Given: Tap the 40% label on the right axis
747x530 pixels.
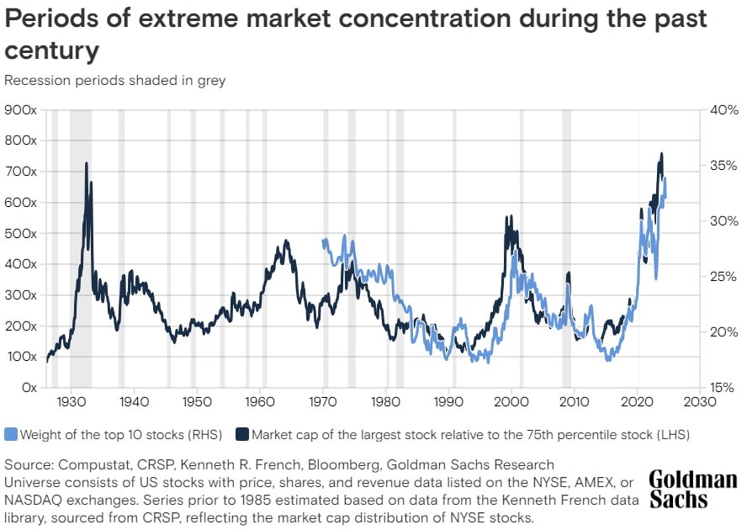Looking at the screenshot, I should tap(713, 109).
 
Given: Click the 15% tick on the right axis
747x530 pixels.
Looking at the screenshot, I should tap(713, 388).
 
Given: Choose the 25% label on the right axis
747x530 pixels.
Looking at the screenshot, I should tap(713, 276).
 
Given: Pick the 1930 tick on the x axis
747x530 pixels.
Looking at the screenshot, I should tap(72, 402).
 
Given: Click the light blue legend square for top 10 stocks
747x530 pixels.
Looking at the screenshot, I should tap(11, 435).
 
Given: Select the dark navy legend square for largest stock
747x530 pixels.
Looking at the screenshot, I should tap(243, 435).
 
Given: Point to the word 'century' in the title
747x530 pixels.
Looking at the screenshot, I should tap(52, 51).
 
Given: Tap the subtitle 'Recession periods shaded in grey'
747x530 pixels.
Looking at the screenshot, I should tap(115, 81).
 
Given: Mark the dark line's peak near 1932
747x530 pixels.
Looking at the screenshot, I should tap(86, 163).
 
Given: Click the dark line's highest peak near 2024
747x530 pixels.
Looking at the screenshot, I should tap(661, 154).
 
